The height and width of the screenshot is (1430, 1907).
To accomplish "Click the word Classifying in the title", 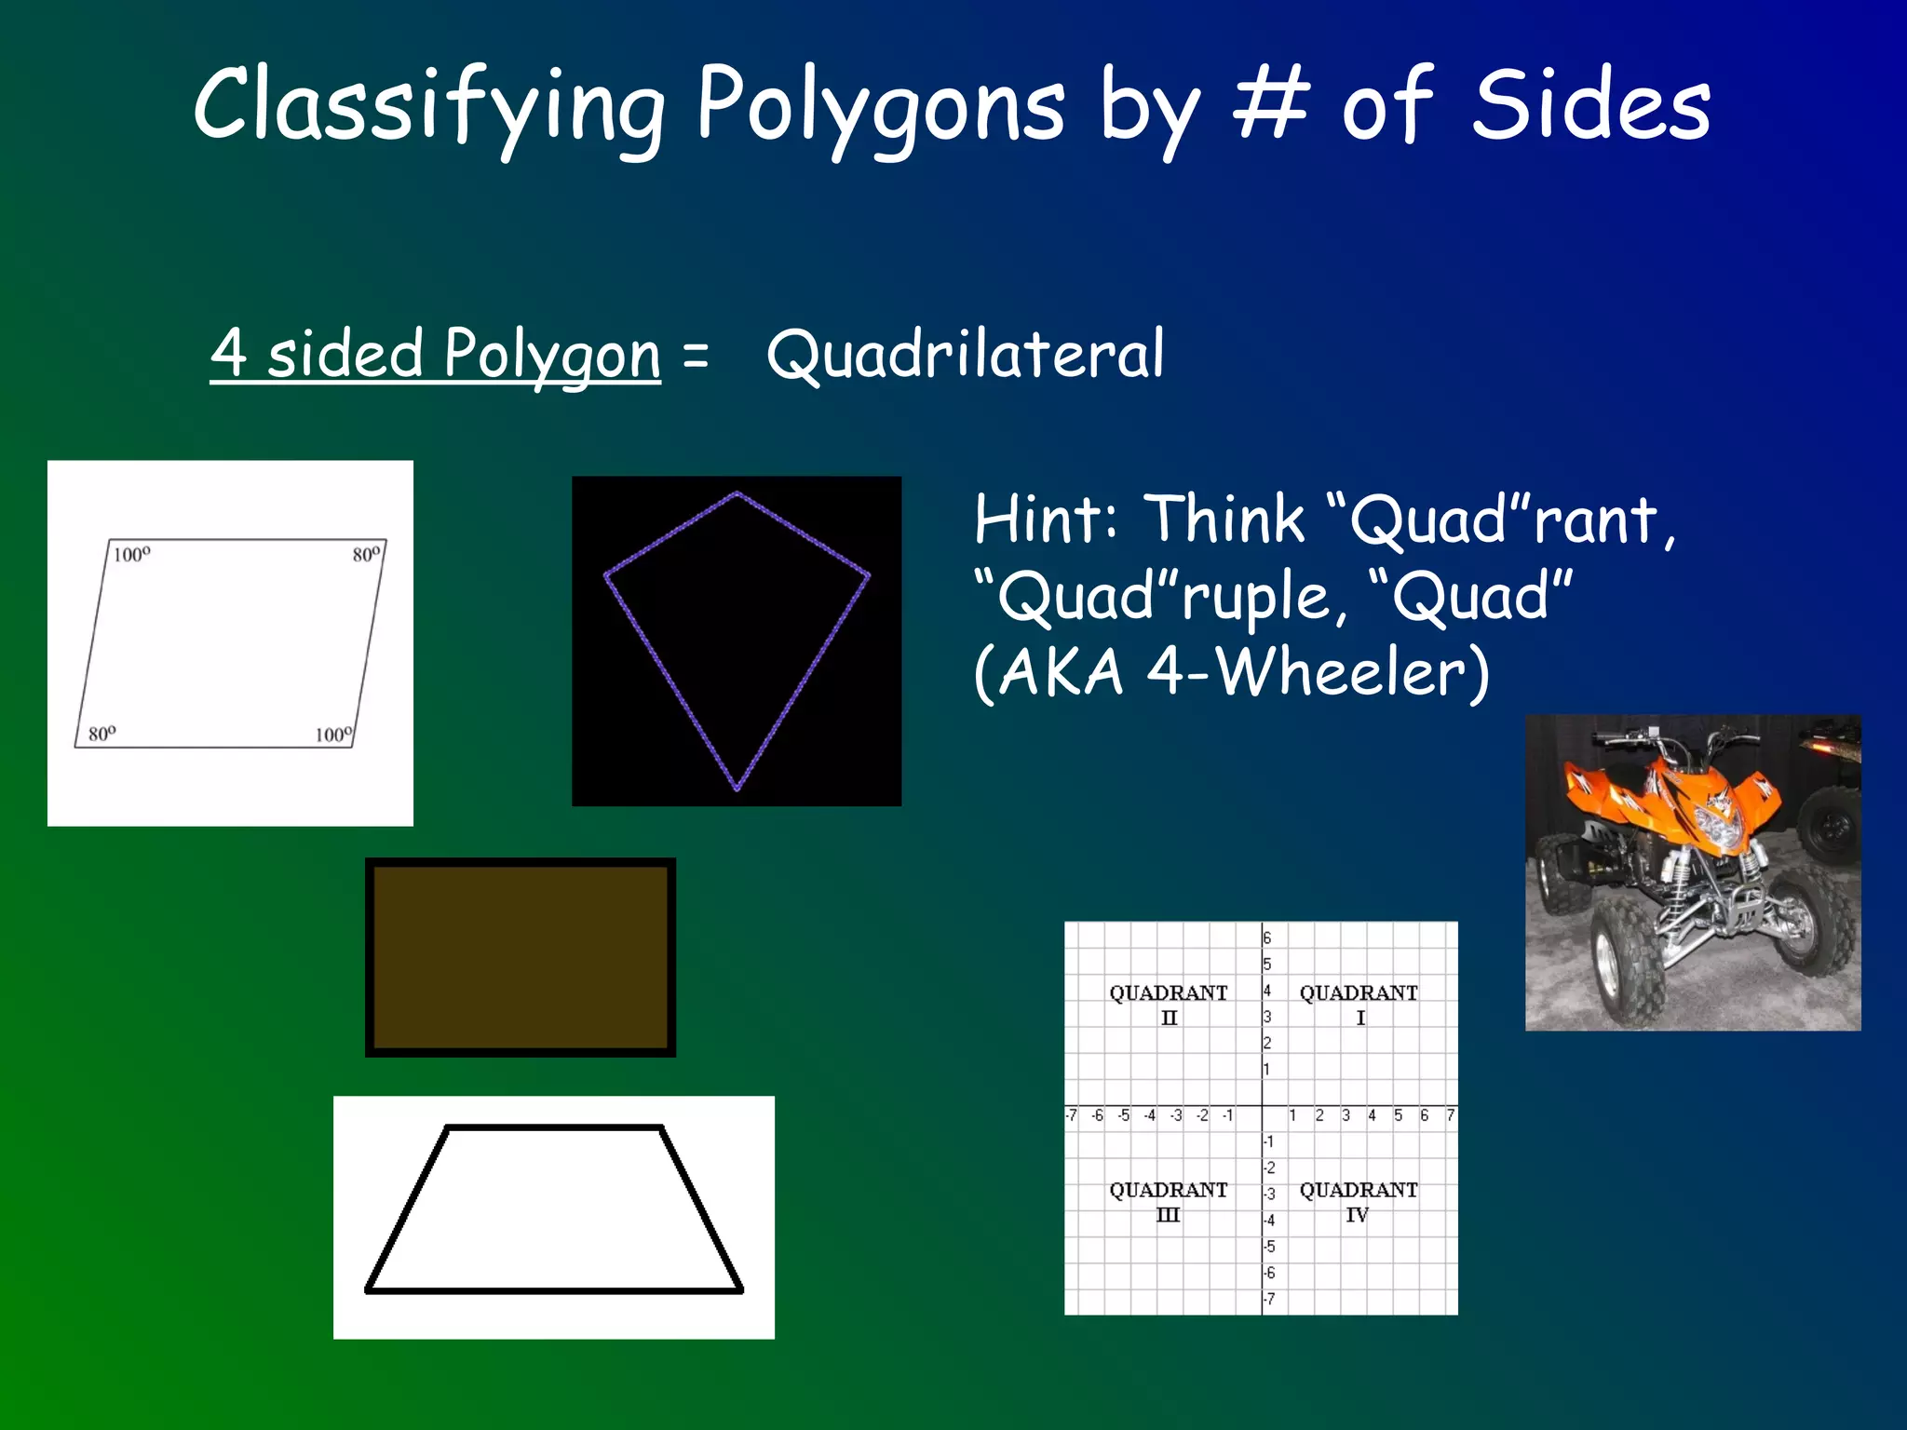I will [x=429, y=106].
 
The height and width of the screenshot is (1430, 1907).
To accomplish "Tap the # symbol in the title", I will [x=1271, y=104].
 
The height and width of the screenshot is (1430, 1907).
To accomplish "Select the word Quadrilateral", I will [x=966, y=355].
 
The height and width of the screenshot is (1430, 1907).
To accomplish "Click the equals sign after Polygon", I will [x=696, y=356].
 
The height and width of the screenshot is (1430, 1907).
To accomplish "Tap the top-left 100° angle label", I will [x=131, y=556].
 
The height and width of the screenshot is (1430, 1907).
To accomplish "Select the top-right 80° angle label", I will [x=366, y=555].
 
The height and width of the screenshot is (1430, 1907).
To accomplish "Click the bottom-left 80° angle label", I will [x=102, y=735].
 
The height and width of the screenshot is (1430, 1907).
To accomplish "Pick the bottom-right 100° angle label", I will [x=333, y=735].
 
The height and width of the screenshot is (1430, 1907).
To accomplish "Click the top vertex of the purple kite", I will [x=737, y=493].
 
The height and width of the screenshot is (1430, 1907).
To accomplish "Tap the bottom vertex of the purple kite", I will [x=737, y=789].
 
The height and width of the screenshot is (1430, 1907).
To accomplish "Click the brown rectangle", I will [x=521, y=957].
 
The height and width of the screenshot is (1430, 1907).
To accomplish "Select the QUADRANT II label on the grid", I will [x=1168, y=1005].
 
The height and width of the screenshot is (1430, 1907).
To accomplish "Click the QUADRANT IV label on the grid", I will [x=1359, y=1202].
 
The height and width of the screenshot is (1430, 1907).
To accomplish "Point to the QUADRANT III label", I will [x=1168, y=1202].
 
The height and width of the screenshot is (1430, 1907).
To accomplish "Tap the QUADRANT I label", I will [x=1359, y=1005].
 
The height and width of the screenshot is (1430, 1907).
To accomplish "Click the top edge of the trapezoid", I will [x=554, y=1127].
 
